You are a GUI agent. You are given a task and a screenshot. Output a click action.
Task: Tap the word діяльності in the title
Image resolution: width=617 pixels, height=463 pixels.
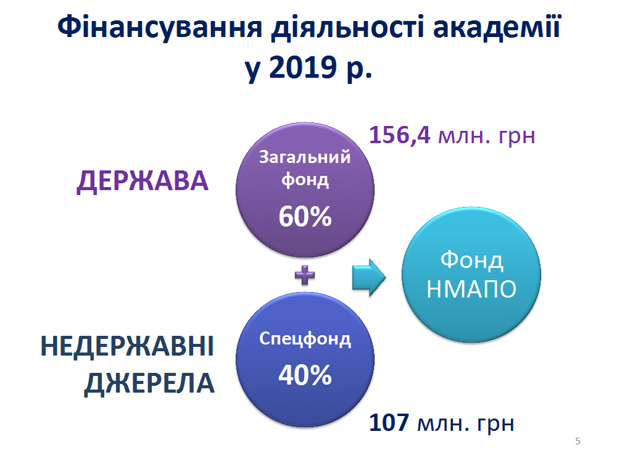point(347,28)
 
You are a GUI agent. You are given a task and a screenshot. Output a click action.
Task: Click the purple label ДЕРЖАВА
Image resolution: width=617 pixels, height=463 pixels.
point(142,181)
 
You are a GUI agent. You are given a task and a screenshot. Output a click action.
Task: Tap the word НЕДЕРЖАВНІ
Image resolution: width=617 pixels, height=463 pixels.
point(127,346)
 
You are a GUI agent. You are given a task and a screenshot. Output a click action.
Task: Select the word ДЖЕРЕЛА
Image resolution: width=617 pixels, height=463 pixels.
point(149,383)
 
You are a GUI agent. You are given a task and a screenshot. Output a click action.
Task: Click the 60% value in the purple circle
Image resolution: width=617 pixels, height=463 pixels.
point(305,217)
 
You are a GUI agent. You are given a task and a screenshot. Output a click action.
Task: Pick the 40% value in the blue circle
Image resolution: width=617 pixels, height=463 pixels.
point(305,375)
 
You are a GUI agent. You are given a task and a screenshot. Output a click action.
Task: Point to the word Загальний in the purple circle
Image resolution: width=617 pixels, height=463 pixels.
point(305,157)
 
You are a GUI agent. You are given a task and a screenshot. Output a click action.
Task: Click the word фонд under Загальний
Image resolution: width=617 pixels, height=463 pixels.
point(305,180)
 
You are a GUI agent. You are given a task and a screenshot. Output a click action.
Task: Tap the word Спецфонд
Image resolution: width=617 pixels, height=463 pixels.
point(305,338)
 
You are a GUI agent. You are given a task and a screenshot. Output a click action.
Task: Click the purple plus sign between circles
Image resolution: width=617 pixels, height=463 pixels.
point(305,275)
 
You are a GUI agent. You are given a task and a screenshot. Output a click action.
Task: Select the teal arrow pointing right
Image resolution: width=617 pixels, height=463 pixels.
point(369,277)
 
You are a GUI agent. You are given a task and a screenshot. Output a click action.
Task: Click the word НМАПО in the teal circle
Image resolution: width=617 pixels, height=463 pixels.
point(471,290)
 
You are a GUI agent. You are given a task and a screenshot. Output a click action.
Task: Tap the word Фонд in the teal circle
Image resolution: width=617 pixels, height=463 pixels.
point(471,261)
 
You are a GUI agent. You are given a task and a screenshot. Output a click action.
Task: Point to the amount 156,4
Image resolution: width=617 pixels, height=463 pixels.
point(399,135)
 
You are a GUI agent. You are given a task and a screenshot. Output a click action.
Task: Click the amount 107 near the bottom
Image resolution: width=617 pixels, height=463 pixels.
point(389,422)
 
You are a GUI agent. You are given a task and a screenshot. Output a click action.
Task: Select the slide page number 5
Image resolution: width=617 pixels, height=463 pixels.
point(578,441)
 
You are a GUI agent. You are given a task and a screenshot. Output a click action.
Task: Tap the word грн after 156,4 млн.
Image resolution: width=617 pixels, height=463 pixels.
point(516,136)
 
